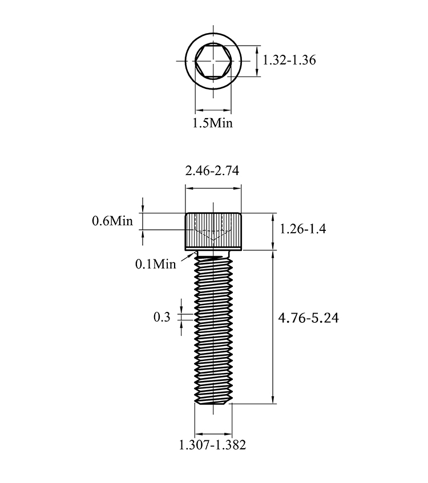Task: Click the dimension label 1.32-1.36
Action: (x=289, y=60)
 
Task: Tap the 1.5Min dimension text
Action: (x=212, y=123)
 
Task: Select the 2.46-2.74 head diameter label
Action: (x=212, y=171)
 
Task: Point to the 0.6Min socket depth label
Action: (x=112, y=221)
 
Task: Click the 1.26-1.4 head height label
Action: (x=302, y=229)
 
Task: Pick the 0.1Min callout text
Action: (x=155, y=264)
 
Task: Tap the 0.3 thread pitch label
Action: (x=162, y=317)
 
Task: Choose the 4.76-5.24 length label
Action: (x=308, y=318)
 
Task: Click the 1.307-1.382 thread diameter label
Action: (x=213, y=445)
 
